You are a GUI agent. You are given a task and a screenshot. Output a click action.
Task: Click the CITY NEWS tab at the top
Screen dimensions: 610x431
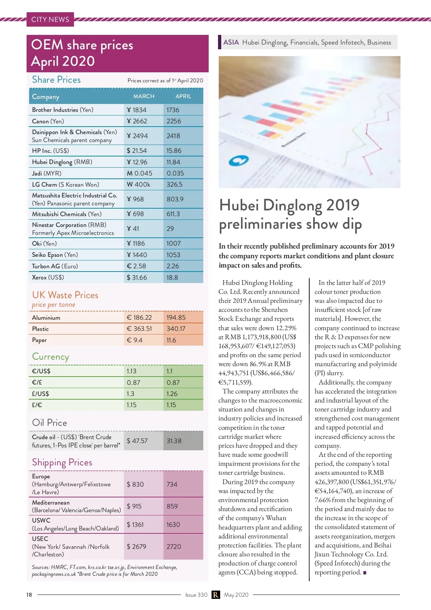pyautogui.click(x=50, y=19)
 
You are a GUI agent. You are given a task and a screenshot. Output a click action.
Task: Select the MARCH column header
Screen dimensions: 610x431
pyautogui.click(x=144, y=96)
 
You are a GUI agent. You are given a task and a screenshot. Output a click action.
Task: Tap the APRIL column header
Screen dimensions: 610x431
pyautogui.click(x=183, y=96)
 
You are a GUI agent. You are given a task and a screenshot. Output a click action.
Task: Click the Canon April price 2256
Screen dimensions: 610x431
pyautogui.click(x=174, y=121)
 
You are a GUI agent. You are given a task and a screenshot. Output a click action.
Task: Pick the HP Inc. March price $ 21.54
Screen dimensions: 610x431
pyautogui.click(x=137, y=151)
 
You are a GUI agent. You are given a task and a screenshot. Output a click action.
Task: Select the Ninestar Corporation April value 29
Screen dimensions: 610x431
pyautogui.click(x=170, y=229)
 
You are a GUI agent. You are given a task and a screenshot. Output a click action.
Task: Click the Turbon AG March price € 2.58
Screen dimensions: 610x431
pyautogui.click(x=136, y=266)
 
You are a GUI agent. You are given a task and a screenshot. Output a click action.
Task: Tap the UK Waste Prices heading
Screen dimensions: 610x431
pyautogui.click(x=65, y=295)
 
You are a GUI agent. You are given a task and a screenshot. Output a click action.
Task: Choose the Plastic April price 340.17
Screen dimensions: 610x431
pyautogui.click(x=176, y=329)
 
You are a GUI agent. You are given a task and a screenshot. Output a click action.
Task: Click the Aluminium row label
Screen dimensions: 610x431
pyautogui.click(x=46, y=318)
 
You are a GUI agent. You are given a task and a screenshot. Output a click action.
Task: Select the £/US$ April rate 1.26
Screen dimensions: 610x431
pyautogui.click(x=172, y=394)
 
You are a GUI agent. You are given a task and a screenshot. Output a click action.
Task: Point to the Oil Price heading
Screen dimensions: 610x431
pyautogui.click(x=50, y=423)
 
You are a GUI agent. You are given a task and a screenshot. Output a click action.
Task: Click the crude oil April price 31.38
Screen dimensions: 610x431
pyautogui.click(x=174, y=441)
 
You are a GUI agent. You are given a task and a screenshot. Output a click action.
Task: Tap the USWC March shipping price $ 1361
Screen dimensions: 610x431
pyautogui.click(x=135, y=525)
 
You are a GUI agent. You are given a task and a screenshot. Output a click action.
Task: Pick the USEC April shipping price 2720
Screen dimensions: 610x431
pyautogui.click(x=174, y=547)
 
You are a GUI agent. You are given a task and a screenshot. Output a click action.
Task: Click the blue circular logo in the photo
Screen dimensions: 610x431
pyautogui.click(x=238, y=161)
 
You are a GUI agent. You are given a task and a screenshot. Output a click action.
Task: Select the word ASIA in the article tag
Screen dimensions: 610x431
pyautogui.click(x=231, y=42)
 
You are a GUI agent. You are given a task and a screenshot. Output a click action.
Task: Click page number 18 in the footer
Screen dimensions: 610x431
pyautogui.click(x=29, y=595)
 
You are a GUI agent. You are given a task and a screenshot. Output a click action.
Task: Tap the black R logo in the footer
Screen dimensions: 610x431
pyautogui.click(x=215, y=595)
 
